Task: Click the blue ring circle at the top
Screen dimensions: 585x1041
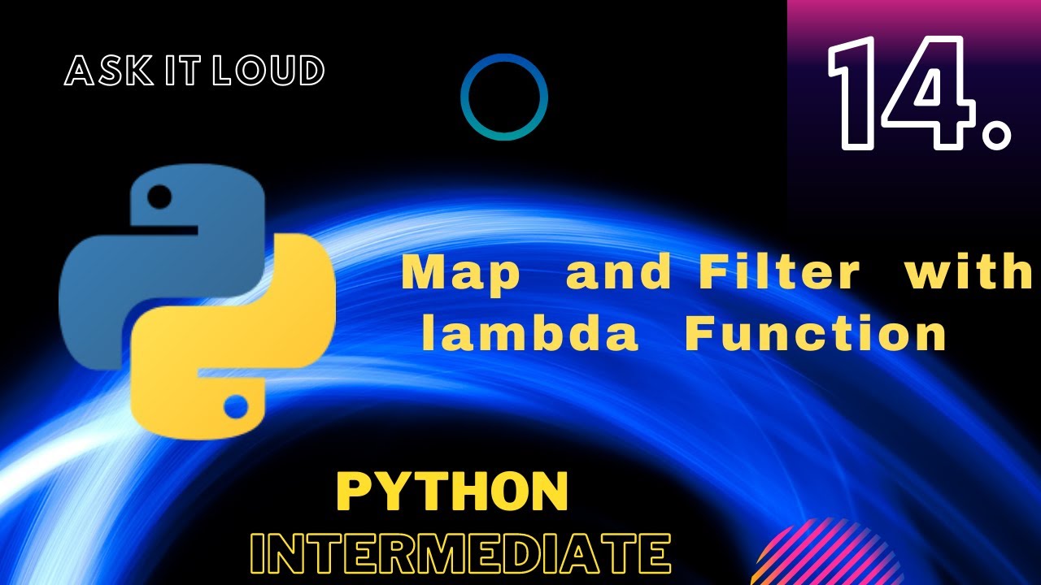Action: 504,97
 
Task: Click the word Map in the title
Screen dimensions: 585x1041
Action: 460,274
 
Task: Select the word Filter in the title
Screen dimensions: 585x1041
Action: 778,274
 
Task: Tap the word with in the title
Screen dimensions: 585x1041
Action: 969,274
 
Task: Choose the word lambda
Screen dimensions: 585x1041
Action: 529,334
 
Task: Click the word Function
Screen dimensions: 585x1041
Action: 816,334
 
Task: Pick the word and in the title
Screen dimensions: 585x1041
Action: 618,274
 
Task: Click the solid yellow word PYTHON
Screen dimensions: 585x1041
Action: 452,492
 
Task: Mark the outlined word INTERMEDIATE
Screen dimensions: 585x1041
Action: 460,554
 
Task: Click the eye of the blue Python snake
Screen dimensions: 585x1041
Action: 160,196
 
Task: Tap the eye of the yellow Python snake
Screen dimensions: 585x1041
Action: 236,404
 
